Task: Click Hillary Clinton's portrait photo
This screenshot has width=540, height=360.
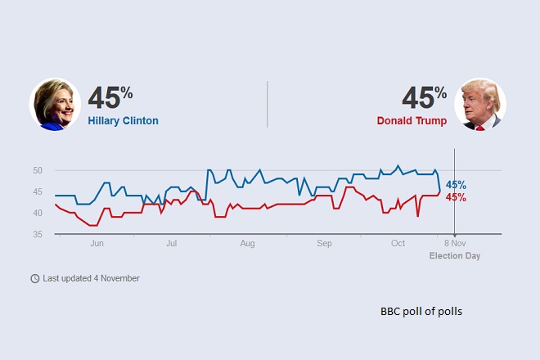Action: point(55,104)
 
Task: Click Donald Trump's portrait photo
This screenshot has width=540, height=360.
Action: point(480,104)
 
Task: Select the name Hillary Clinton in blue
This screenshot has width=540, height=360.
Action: point(123,121)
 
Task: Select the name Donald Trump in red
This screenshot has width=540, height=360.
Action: point(412,121)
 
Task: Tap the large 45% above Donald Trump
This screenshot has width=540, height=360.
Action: point(424,97)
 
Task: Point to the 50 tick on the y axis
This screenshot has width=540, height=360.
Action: point(38,171)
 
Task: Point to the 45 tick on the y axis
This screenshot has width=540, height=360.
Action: point(38,192)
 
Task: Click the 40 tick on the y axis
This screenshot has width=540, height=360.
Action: point(38,214)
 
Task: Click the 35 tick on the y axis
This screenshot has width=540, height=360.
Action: point(38,235)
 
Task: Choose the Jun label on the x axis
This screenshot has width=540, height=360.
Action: point(97,244)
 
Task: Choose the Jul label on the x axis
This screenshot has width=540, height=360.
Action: point(172,244)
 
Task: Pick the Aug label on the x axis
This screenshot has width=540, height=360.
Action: point(248,244)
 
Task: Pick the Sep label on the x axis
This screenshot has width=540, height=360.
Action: point(324,244)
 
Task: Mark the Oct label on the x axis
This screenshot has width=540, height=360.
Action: point(398,244)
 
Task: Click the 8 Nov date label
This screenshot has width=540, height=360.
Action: point(455,244)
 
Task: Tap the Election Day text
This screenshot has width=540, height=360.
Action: point(455,255)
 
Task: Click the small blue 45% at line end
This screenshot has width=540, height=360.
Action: point(456,185)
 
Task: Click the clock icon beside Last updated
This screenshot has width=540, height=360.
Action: point(34,278)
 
